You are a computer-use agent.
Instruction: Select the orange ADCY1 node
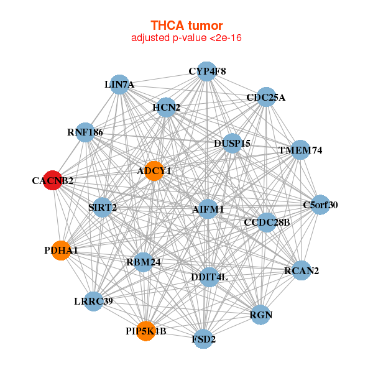(154, 170)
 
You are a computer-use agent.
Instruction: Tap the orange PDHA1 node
(61, 250)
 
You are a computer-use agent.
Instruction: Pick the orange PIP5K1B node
(145, 330)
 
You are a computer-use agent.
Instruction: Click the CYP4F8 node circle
(207, 71)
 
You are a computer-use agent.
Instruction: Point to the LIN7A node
(119, 85)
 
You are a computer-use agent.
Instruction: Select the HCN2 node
(166, 107)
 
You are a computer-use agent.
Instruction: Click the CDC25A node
(265, 97)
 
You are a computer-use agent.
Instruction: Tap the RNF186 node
(85, 132)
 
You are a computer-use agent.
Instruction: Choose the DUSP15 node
(232, 143)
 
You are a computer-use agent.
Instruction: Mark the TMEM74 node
(300, 150)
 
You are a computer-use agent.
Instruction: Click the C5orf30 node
(320, 205)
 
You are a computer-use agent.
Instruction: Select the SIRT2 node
(103, 207)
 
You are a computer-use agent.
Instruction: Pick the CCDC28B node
(267, 222)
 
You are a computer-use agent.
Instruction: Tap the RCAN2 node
(301, 270)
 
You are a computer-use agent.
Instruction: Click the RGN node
(261, 315)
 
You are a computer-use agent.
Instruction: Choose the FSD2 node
(203, 339)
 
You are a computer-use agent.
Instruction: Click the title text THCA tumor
(186, 25)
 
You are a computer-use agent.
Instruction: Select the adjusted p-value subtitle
(186, 38)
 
